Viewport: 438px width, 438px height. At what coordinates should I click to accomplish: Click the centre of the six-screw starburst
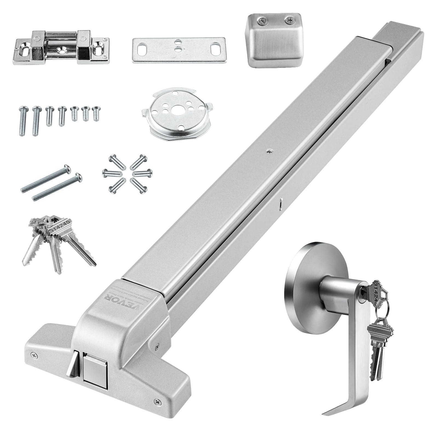[128, 173]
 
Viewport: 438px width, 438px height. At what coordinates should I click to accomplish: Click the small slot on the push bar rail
[281, 204]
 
